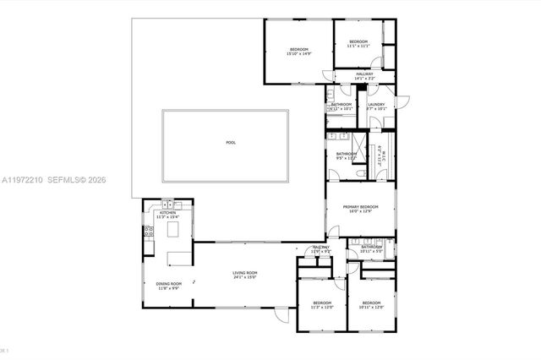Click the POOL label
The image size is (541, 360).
tap(231, 143)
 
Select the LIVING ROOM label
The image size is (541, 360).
tap(245, 273)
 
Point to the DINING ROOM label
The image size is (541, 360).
tap(169, 284)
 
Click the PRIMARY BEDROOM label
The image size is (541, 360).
tap(360, 207)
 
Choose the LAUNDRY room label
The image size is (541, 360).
tap(376, 104)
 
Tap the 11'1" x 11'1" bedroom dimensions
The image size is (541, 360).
tap(358, 46)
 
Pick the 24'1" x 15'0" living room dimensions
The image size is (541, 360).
tap(245, 278)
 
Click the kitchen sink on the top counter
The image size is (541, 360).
tap(167, 204)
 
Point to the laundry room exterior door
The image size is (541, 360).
tap(402, 101)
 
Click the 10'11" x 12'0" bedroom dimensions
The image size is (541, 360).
tap(372, 308)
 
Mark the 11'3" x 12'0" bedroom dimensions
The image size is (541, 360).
tap(322, 308)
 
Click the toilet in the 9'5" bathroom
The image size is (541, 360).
tap(362, 173)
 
